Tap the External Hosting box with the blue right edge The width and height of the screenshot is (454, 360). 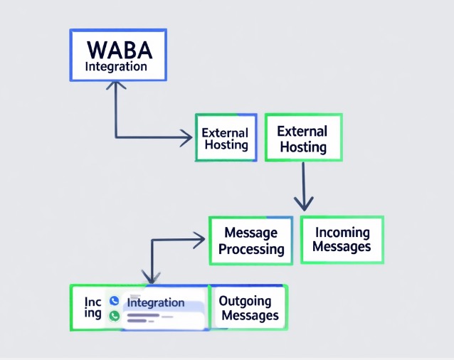[x=226, y=137]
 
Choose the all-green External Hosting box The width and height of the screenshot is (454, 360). [x=302, y=139]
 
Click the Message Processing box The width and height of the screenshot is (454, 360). [x=250, y=240]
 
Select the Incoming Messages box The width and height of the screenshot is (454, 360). [x=342, y=240]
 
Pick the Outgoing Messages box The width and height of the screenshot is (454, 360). [x=248, y=308]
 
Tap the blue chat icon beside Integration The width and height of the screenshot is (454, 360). [x=114, y=301]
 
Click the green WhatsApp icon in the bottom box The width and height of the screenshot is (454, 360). [x=114, y=316]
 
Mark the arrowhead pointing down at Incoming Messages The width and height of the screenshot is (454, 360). [x=304, y=203]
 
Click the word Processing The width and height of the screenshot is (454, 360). [x=251, y=250]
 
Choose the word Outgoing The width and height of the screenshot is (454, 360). [x=246, y=301]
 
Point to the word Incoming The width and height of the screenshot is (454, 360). [x=342, y=233]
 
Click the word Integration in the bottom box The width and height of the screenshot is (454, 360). [x=155, y=302]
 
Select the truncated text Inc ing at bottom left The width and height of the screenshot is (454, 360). [x=93, y=308]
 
